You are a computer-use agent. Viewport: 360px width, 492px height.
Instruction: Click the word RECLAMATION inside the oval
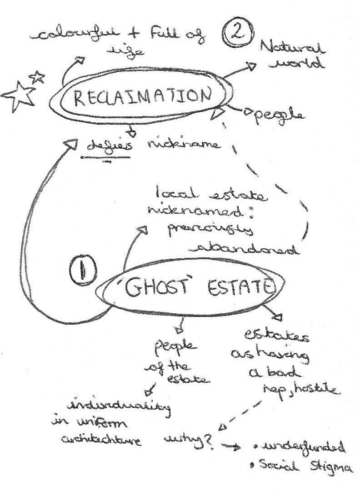point(142,97)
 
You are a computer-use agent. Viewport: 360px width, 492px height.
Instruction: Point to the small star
point(38,77)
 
